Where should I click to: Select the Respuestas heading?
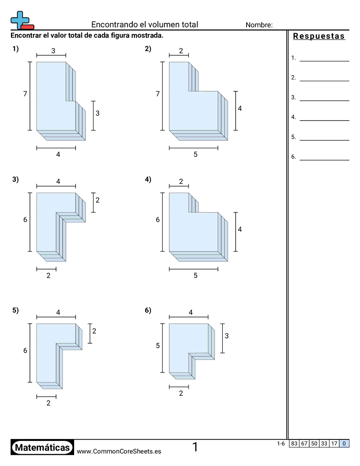pos(319,36)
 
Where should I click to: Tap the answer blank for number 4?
pos(324,120)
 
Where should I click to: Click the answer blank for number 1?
pos(324,61)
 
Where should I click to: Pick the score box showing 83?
pos(294,443)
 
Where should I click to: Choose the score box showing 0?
pos(344,443)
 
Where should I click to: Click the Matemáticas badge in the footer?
pos(42,447)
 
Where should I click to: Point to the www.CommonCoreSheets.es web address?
pos(119,451)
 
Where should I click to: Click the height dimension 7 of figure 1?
pos(25,94)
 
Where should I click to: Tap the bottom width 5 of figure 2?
pos(195,154)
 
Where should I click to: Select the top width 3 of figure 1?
pos(53,51)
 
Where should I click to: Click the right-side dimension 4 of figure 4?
pos(240,229)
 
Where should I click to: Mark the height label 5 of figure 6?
pos(158,346)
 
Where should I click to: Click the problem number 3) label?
pos(15,180)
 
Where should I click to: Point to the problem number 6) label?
pos(148,310)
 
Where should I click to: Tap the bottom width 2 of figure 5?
pos(49,403)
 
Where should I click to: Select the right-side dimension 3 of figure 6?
pos(227,336)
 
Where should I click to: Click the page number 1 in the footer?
pos(195,447)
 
